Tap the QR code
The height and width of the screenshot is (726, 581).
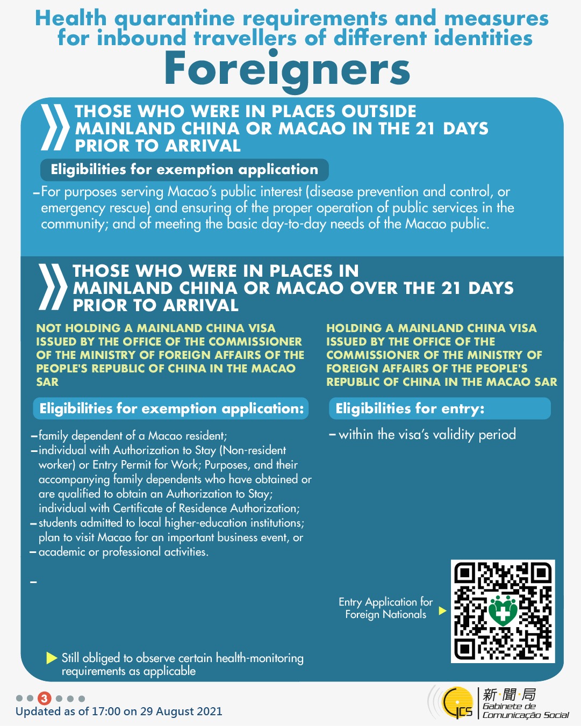pyautogui.click(x=503, y=611)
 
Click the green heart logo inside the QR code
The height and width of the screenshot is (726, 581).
pyautogui.click(x=503, y=610)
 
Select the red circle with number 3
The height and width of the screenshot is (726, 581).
pyautogui.click(x=45, y=699)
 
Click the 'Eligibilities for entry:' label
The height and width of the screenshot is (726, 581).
pyautogui.click(x=410, y=408)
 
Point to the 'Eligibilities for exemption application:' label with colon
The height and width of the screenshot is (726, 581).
pyautogui.click(x=171, y=408)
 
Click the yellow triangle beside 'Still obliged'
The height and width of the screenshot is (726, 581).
pyautogui.click(x=52, y=658)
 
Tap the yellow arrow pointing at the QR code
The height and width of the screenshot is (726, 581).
pyautogui.click(x=442, y=610)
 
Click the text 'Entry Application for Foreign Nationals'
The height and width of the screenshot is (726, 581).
pyautogui.click(x=385, y=608)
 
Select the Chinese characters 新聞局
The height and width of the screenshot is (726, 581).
pyautogui.click(x=509, y=694)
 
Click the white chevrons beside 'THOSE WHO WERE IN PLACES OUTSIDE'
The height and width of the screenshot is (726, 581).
pyautogui.click(x=55, y=127)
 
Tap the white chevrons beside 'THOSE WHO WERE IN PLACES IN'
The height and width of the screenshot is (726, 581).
pyautogui.click(x=53, y=287)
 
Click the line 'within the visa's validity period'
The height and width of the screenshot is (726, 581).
pyautogui.click(x=427, y=434)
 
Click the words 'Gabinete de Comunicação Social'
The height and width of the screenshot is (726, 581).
pyautogui.click(x=525, y=710)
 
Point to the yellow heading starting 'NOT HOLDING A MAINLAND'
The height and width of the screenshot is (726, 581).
pyautogui.click(x=170, y=355)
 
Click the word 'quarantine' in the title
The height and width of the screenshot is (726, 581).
pyautogui.click(x=175, y=19)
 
